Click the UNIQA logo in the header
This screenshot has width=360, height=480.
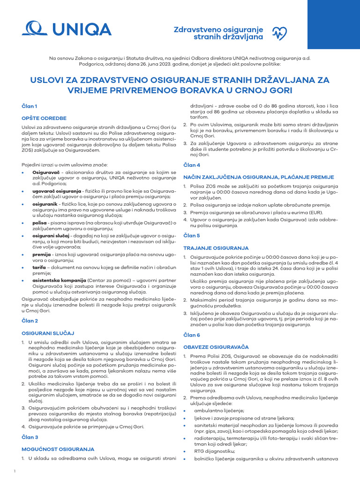coord(67,30)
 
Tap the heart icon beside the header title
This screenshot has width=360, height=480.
coord(279,32)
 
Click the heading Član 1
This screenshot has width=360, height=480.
coord(30,106)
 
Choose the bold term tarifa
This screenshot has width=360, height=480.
coord(39,267)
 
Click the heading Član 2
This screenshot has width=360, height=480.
coord(30,321)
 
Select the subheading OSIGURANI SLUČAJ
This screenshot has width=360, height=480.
coord(48,333)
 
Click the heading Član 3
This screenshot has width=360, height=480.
coord(30,437)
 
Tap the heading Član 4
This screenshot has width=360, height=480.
coord(192,165)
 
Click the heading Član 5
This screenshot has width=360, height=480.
coord(192,235)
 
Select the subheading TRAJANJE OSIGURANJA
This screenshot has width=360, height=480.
coord(216,247)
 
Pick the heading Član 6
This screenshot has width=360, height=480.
coord(192,335)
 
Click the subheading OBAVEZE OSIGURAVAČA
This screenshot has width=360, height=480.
coord(216,347)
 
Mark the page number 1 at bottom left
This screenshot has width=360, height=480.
coord(15,471)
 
